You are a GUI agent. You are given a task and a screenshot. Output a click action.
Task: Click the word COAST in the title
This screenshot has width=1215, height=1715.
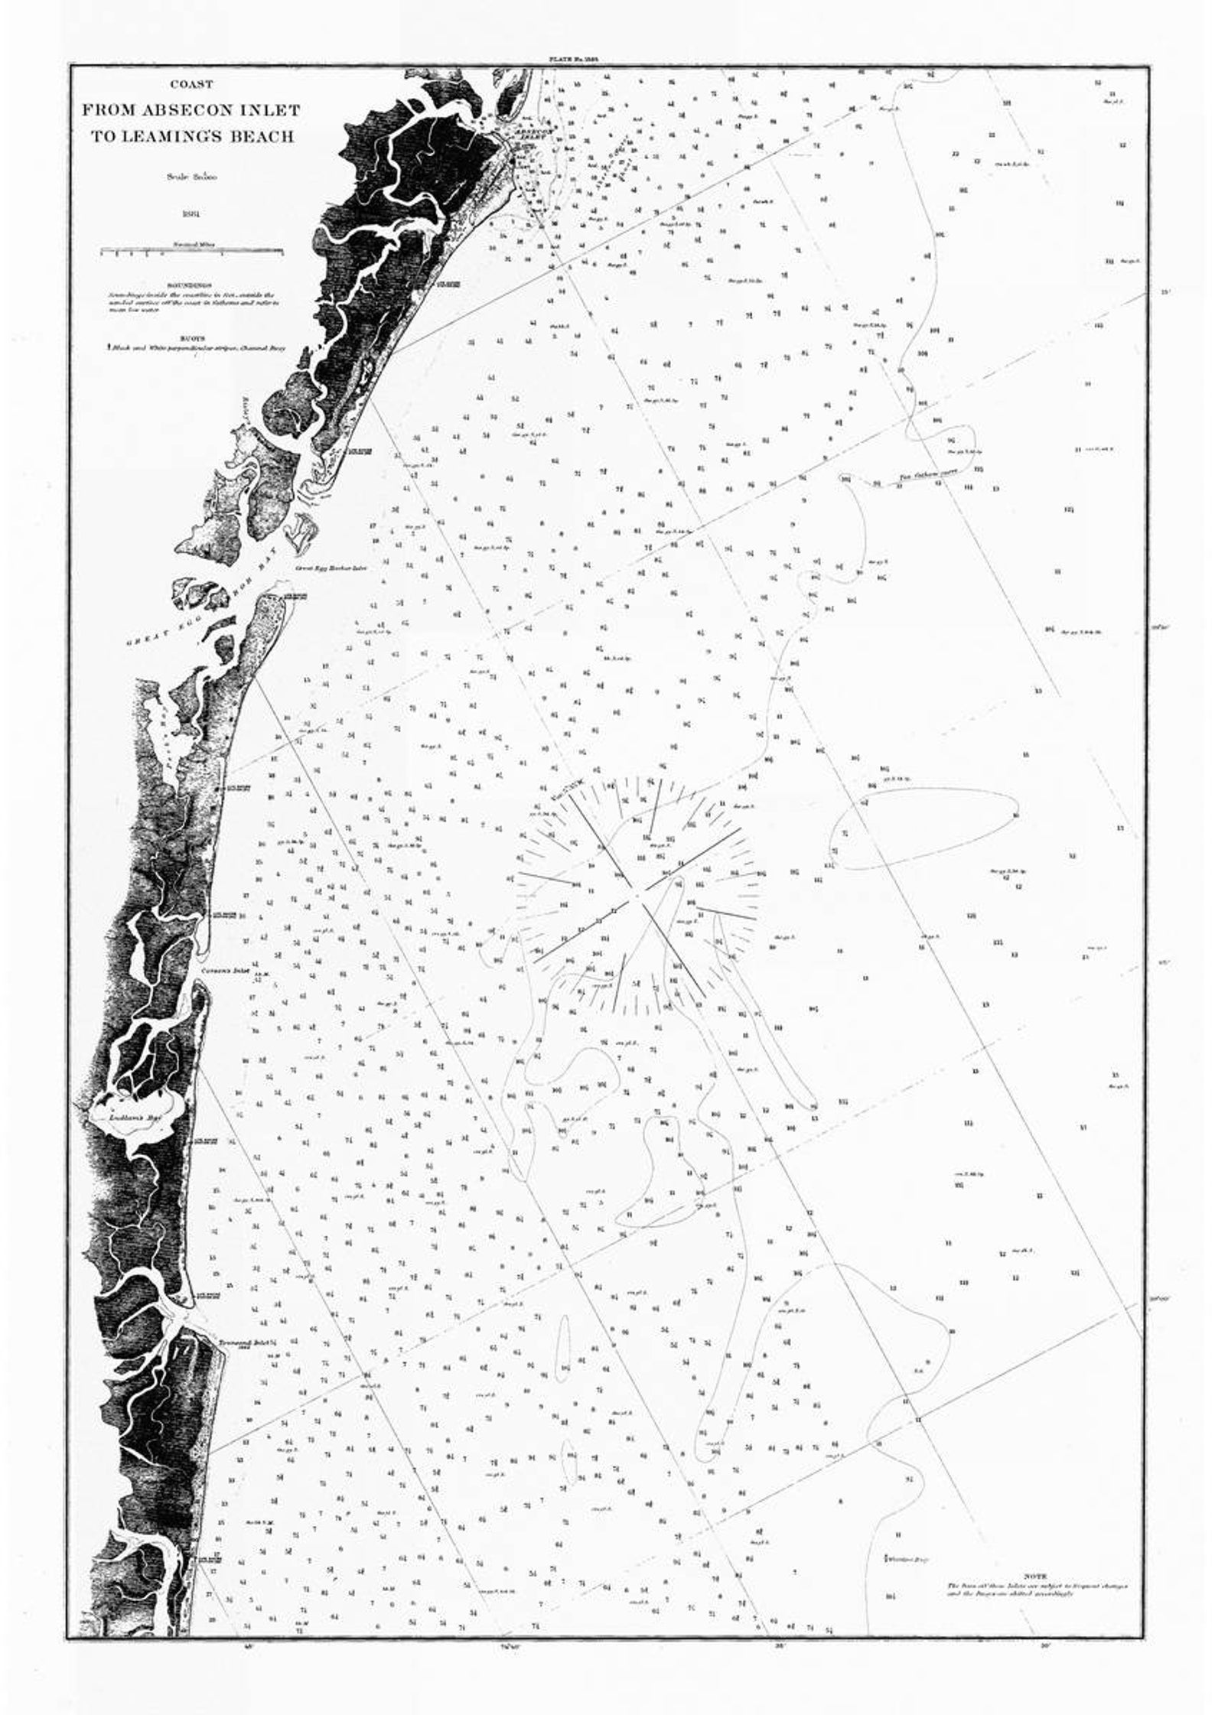pyautogui.click(x=192, y=85)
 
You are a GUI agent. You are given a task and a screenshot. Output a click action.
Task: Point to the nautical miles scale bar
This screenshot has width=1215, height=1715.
pyautogui.click(x=192, y=252)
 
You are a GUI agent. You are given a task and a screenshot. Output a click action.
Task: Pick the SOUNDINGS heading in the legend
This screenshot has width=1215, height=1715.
pyautogui.click(x=192, y=285)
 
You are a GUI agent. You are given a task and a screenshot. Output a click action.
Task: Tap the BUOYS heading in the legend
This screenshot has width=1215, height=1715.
pyautogui.click(x=192, y=334)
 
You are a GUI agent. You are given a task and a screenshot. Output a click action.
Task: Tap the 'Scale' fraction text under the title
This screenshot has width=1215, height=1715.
pyautogui.click(x=192, y=177)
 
